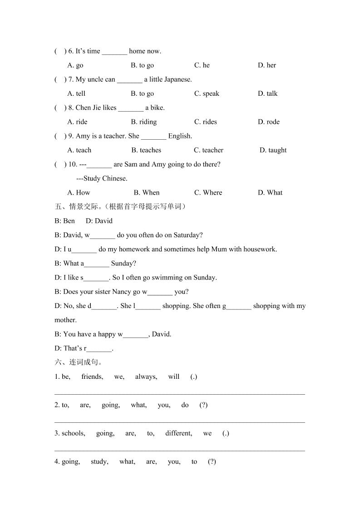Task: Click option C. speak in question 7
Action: tap(207, 93)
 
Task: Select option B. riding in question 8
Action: tap(143, 122)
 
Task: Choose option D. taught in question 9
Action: tap(273, 150)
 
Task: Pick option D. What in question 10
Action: tap(270, 192)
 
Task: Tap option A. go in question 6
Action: tap(75, 65)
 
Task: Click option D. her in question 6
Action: tap(267, 65)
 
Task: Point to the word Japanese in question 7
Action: tap(177, 79)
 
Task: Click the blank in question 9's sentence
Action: tap(153, 136)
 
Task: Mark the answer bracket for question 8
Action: tap(60, 108)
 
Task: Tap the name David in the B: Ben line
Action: tap(104, 221)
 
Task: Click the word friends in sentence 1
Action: tap(92, 377)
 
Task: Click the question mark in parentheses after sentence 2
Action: tap(203, 405)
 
